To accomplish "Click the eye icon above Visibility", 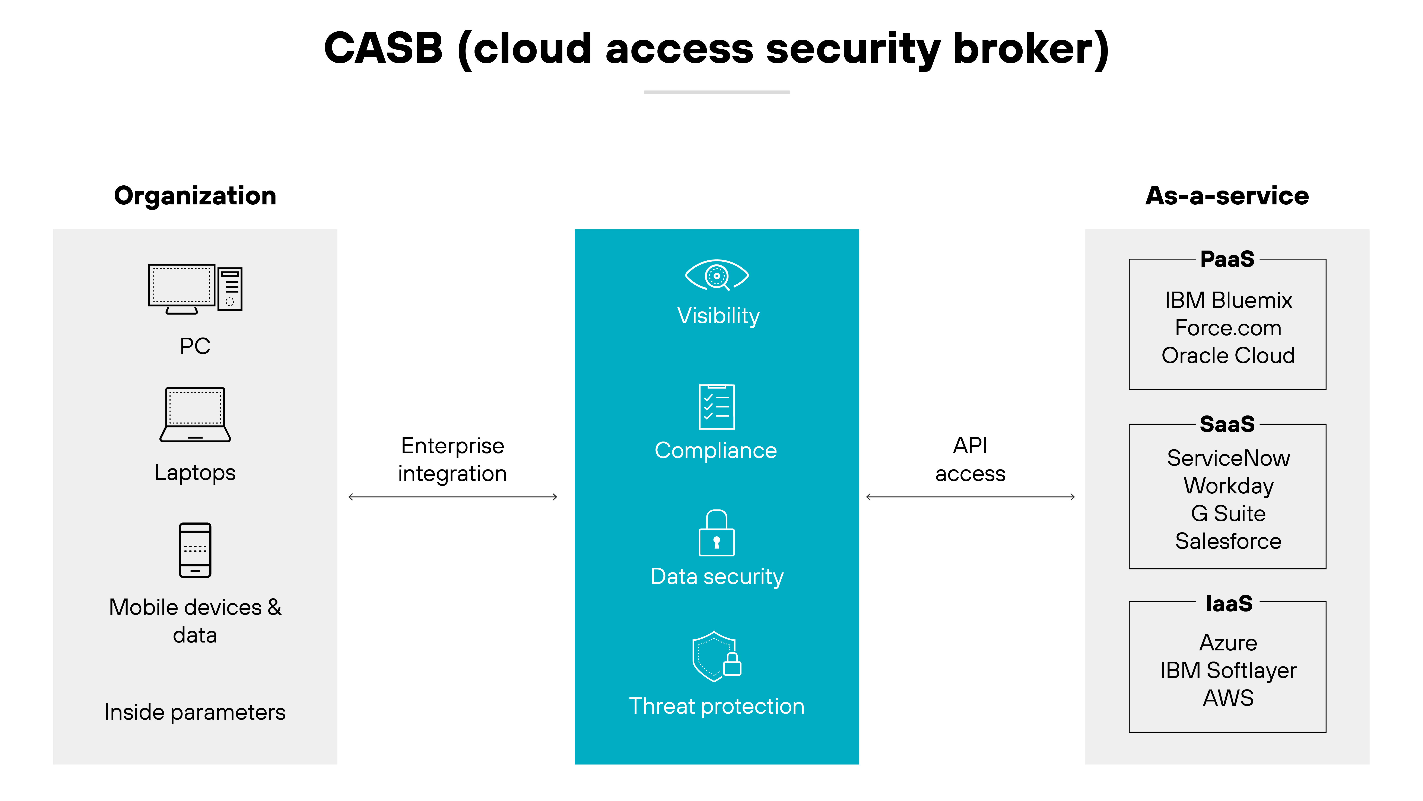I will pos(717,275).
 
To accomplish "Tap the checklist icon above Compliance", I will pos(717,407).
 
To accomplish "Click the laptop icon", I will pos(195,415).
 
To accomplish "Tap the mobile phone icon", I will pos(195,550).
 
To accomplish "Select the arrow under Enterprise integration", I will pos(452,497).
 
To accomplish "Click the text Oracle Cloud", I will pos(1227,355).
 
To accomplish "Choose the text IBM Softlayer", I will pos(1227,670).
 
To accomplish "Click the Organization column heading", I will pos(195,196).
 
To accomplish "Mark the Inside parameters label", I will pos(195,712).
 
